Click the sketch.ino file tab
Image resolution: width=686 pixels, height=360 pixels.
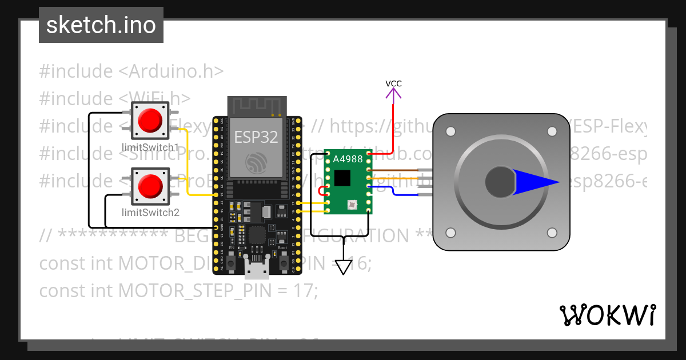(x=101, y=25)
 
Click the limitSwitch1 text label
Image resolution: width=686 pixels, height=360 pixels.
(x=150, y=146)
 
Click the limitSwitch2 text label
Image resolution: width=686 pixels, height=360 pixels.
(x=150, y=213)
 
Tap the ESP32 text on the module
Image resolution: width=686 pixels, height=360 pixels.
(x=256, y=137)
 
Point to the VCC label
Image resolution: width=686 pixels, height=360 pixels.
(x=393, y=83)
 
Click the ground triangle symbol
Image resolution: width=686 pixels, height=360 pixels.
(x=343, y=267)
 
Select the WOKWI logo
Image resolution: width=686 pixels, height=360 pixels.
(x=607, y=315)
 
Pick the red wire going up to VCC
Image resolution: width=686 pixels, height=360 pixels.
(x=393, y=126)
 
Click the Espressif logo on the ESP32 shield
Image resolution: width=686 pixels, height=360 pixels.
(x=256, y=163)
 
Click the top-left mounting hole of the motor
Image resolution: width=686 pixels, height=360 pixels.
(x=450, y=132)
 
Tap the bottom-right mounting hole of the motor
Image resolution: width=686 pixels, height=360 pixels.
(x=552, y=233)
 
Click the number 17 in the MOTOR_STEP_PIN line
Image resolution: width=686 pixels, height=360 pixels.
(x=306, y=291)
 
